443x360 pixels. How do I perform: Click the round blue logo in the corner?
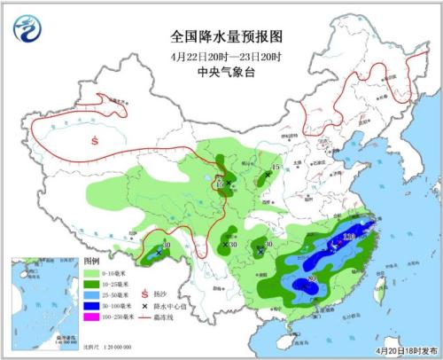tap(29, 31)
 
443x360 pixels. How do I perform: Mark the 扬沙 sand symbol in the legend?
tap(145, 293)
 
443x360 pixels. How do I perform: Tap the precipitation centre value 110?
tap(348, 237)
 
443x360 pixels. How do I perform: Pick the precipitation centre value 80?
tap(312, 281)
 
